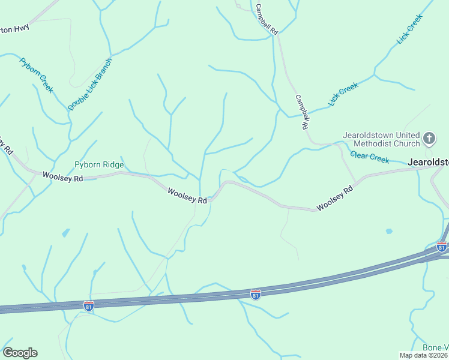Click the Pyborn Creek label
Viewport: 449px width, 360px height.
[36, 75]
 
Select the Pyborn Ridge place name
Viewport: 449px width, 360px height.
[99, 165]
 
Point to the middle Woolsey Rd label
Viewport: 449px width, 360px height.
[187, 196]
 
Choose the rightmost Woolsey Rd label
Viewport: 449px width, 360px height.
[335, 199]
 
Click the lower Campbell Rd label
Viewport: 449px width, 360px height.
[303, 112]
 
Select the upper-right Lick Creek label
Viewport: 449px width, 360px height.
[409, 29]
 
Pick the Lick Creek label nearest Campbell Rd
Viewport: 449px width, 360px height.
[343, 95]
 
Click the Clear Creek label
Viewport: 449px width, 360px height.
[370, 157]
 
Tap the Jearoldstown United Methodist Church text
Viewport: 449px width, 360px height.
[381, 139]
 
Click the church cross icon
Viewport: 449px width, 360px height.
[429, 139]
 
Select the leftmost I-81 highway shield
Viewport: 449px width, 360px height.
[89, 305]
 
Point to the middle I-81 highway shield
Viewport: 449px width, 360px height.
[256, 294]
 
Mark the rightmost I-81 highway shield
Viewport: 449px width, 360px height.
[442, 247]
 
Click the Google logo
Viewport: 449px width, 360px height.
[20, 353]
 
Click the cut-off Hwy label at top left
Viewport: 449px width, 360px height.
[14, 28]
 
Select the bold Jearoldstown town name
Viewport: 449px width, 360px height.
[428, 162]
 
